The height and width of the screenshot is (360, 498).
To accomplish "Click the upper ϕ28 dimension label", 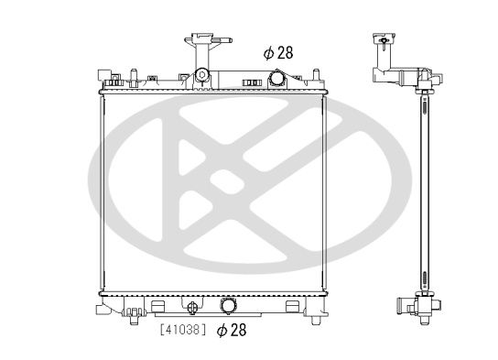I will point(278,52).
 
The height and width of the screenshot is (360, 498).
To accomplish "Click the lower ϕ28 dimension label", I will point(232,331).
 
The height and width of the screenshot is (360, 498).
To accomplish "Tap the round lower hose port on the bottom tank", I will point(230,305).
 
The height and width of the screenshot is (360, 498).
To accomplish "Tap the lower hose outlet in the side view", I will point(403,304).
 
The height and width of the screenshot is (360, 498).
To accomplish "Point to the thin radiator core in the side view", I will point(423,192).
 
